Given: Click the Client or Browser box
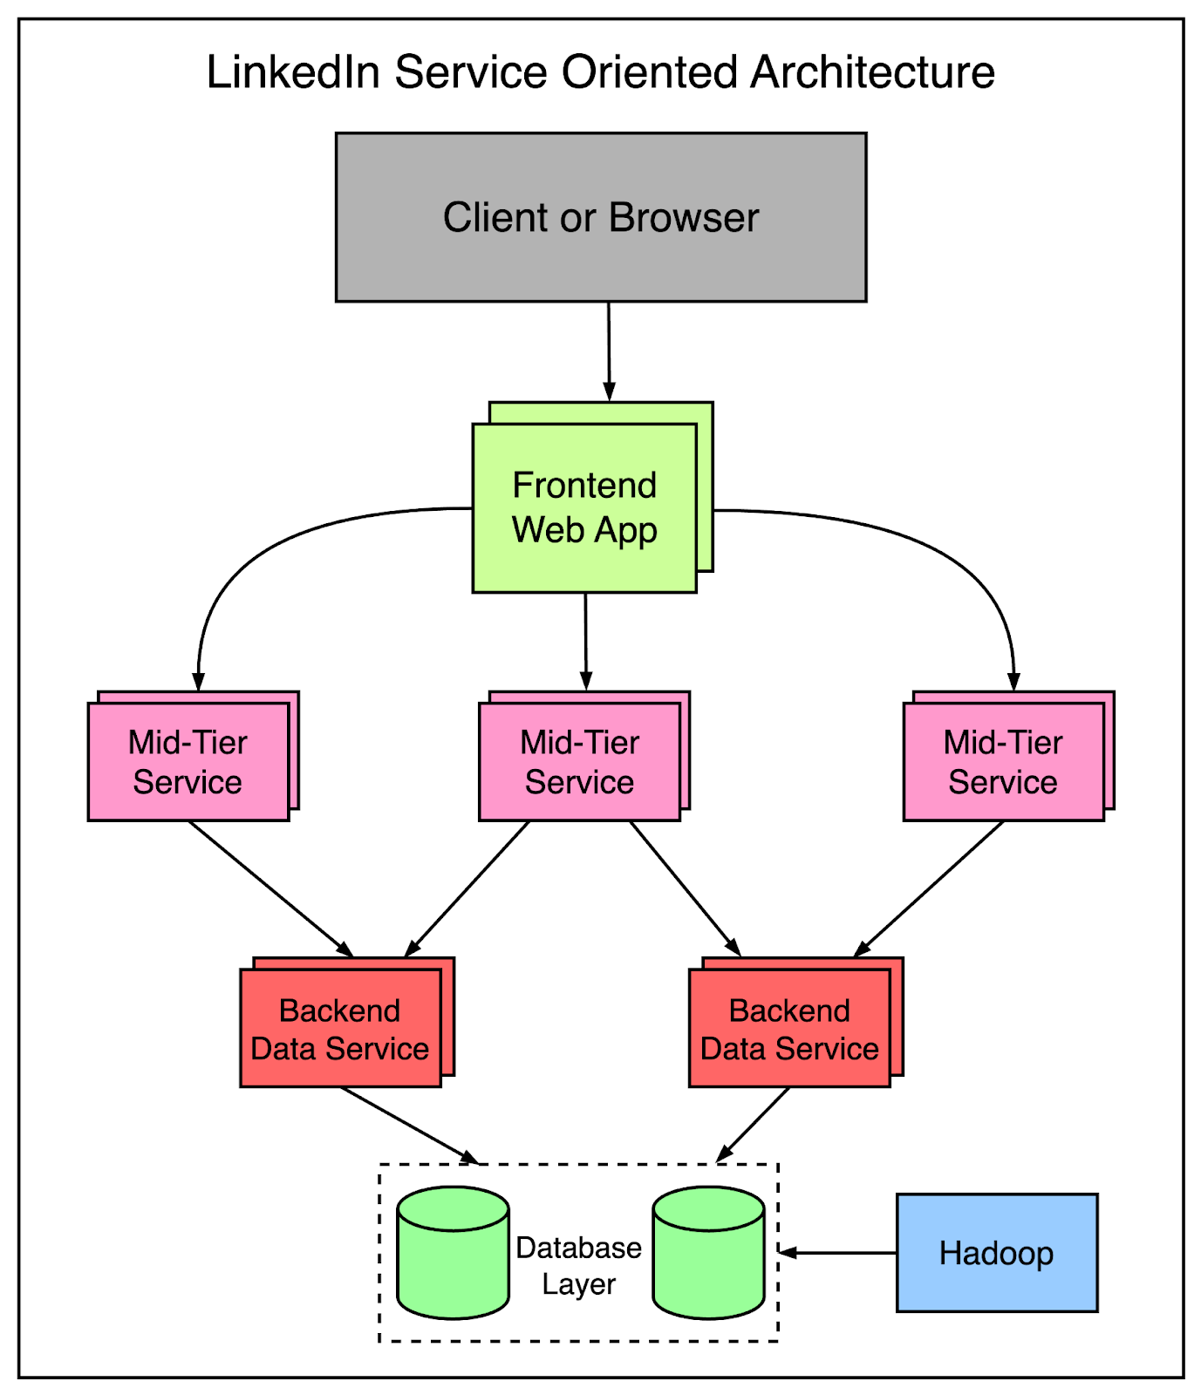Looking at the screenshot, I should coord(601,217).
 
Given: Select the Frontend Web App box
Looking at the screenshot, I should coord(584,507).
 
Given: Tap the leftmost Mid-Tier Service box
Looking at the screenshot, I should coord(188,761).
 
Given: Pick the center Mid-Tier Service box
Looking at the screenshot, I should coord(579,761).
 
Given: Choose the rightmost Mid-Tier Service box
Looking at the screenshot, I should coord(1003,761).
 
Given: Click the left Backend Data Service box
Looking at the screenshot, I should coord(340,1028).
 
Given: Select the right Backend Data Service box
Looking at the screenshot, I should coord(789,1028).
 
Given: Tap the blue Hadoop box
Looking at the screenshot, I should coord(996,1253).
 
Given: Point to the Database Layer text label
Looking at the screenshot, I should coord(578,1265).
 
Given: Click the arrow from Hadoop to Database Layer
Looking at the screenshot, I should coord(837,1253).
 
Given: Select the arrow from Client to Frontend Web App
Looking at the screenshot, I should coord(609,349).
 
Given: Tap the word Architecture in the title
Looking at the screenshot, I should coord(872,72).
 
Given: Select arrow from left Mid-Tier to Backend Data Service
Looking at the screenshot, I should coord(270,888).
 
